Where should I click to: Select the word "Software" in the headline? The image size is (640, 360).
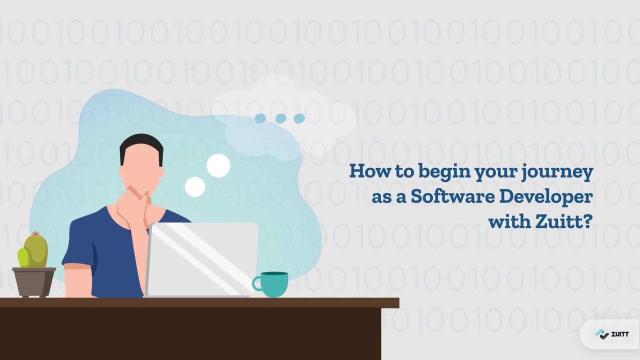click(x=452, y=196)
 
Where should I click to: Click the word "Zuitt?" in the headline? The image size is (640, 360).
click(x=563, y=221)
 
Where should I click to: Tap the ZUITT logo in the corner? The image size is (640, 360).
click(x=612, y=334)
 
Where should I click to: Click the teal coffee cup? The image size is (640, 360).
click(x=274, y=284)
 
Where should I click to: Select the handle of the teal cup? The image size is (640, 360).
click(x=257, y=283)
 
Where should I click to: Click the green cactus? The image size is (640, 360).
click(x=34, y=251)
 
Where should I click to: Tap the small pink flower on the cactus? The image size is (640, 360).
click(x=35, y=233)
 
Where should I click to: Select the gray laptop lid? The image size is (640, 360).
click(x=202, y=259)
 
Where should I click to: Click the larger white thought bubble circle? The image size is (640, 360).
click(x=218, y=165)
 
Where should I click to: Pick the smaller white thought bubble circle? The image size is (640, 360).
click(x=195, y=187)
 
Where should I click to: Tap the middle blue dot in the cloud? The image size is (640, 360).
click(x=280, y=118)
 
